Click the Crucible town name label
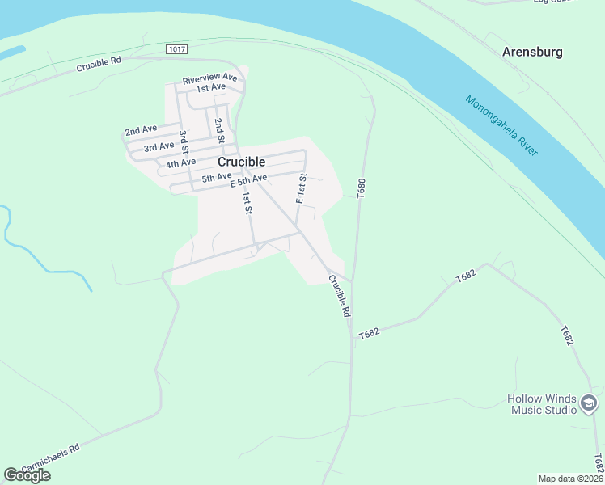tap(241, 161)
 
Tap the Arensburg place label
tap(532, 52)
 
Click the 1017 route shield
tap(177, 49)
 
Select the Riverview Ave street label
tap(209, 78)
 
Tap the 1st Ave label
tap(211, 87)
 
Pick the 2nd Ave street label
tap(141, 130)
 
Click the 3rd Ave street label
tap(159, 147)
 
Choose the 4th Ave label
tap(181, 164)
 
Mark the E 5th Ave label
tap(248, 180)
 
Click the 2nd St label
tap(218, 127)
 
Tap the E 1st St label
tap(301, 188)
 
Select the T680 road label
tap(362, 188)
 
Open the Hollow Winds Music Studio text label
tap(542, 403)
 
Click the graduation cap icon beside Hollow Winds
tap(589, 403)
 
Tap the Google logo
tap(27, 475)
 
